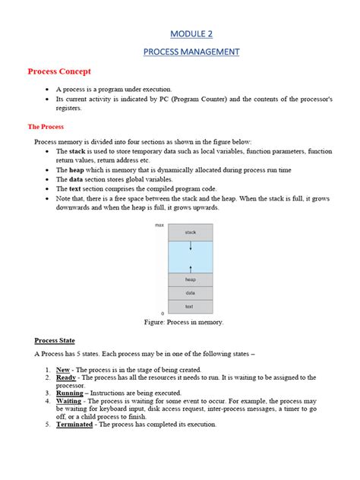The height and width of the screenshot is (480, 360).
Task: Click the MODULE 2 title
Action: (191, 34)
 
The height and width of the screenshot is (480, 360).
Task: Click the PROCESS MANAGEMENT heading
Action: (191, 52)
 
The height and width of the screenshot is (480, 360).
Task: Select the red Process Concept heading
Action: (59, 71)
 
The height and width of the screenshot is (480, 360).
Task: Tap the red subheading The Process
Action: (46, 127)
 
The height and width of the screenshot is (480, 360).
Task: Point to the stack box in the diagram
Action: (190, 232)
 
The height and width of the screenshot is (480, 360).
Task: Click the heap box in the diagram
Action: (190, 279)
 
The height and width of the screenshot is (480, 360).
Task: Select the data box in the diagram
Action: (190, 292)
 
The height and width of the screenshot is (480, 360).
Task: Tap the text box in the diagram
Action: (190, 306)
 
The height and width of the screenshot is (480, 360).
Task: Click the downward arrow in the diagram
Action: (191, 246)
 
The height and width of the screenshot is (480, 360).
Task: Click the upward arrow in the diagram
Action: (191, 267)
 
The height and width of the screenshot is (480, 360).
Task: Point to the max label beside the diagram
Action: (159, 226)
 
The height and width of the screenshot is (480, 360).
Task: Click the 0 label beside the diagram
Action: (163, 312)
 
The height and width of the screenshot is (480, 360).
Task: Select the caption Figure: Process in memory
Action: (184, 322)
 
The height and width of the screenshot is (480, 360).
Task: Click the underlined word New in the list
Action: (63, 368)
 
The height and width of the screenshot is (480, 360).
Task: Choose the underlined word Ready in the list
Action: (66, 377)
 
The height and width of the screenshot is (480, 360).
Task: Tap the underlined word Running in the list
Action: (70, 393)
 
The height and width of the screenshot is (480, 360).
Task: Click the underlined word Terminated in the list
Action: (74, 424)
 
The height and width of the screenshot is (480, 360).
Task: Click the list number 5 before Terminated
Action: (47, 424)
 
